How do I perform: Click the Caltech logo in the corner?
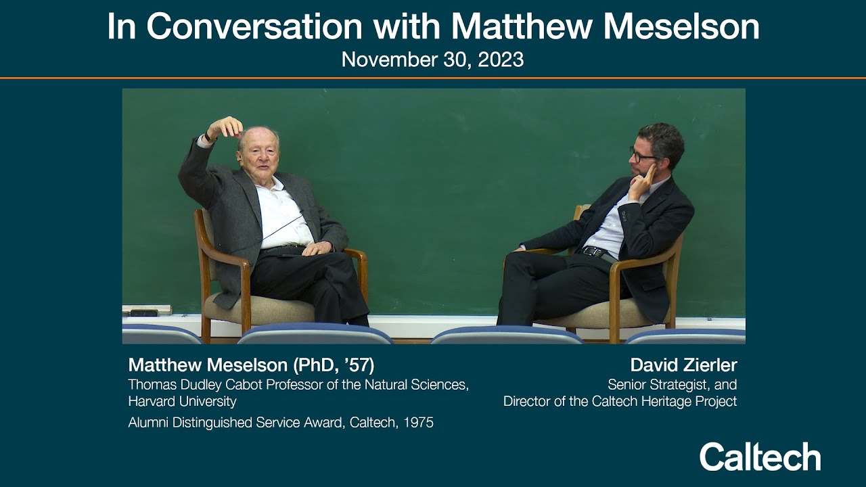click(x=760, y=457)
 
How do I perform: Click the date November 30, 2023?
click(x=432, y=60)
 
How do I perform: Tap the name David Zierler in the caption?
click(x=683, y=365)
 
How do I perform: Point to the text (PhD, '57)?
click(x=334, y=365)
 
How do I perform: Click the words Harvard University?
click(x=182, y=401)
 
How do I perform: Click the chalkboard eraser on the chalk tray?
click(x=144, y=312)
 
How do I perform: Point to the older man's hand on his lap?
click(x=317, y=248)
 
